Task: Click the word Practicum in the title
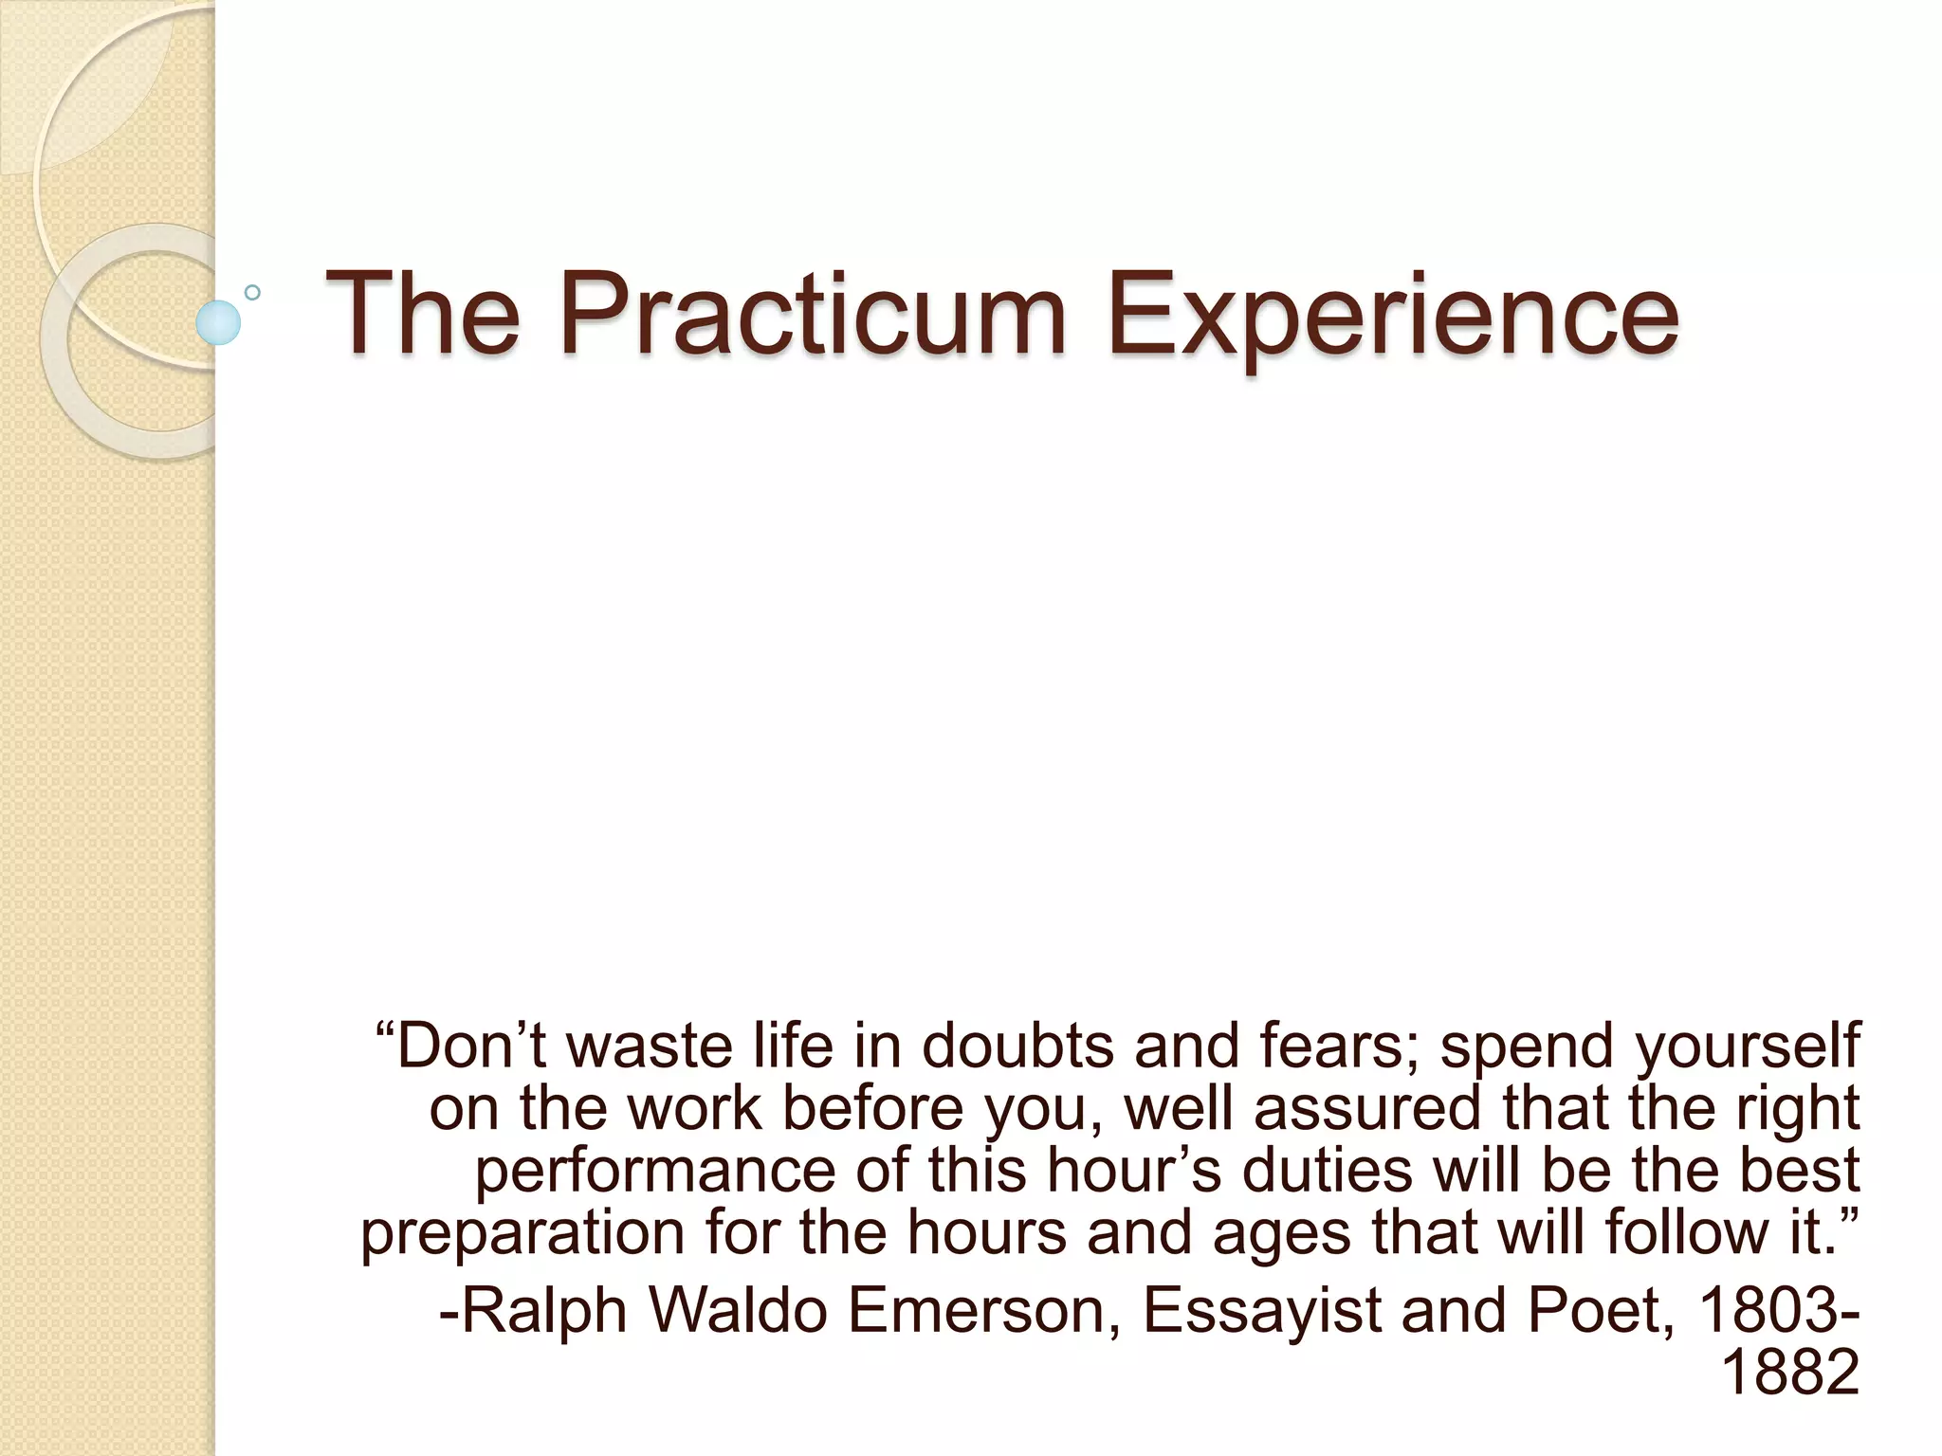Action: [814, 313]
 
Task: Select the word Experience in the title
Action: [1392, 313]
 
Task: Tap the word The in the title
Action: [423, 313]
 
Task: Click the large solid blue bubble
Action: [218, 322]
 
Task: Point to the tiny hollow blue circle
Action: [252, 293]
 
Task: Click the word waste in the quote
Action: [644, 1046]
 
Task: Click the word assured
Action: [1366, 1108]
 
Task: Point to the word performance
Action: [654, 1171]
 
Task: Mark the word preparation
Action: [522, 1233]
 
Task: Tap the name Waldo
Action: [738, 1310]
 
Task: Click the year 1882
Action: [1789, 1372]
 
